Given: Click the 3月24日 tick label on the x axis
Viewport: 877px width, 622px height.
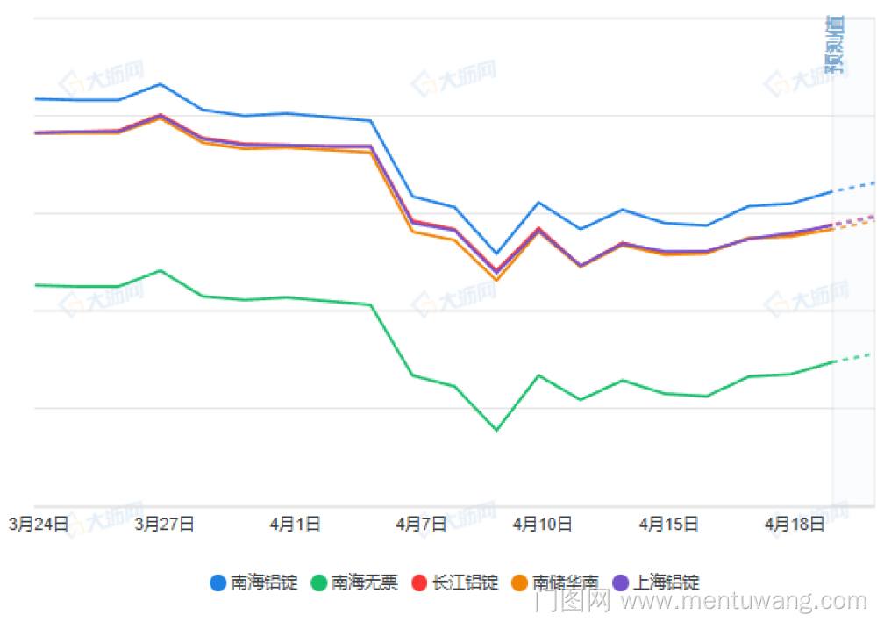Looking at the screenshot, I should coord(39,525).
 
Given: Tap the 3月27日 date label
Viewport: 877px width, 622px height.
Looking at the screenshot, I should coord(165,525).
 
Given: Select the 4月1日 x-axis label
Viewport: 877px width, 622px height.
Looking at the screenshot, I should coord(295,525).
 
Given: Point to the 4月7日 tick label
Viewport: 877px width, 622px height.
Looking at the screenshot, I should coord(421,525).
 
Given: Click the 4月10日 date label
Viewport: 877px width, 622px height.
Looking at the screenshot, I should coord(543,525).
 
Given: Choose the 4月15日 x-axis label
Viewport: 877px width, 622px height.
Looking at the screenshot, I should coord(669,525).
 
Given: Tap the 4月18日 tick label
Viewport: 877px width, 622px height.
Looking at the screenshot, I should coord(795,525).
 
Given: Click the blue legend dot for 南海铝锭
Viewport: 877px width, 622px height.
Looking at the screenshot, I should coord(219,583).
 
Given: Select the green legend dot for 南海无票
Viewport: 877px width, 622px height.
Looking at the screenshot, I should coord(319,583).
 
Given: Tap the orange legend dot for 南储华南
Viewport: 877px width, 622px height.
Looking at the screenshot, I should coord(520,583).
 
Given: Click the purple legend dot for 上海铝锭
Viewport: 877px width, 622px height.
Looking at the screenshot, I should coord(621,583).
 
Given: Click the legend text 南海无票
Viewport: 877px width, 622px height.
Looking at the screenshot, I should coord(364,583).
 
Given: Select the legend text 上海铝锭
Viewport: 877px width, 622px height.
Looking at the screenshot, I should coord(667,583).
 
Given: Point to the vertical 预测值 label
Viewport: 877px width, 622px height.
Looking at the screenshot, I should coord(834,44).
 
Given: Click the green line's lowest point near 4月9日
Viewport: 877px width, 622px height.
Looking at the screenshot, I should coord(496,430).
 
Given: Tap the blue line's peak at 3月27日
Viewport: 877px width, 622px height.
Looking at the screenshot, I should coord(160,84).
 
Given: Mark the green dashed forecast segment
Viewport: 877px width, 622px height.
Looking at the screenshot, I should coord(852,357).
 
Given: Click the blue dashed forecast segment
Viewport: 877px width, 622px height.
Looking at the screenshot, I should coord(852,187).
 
